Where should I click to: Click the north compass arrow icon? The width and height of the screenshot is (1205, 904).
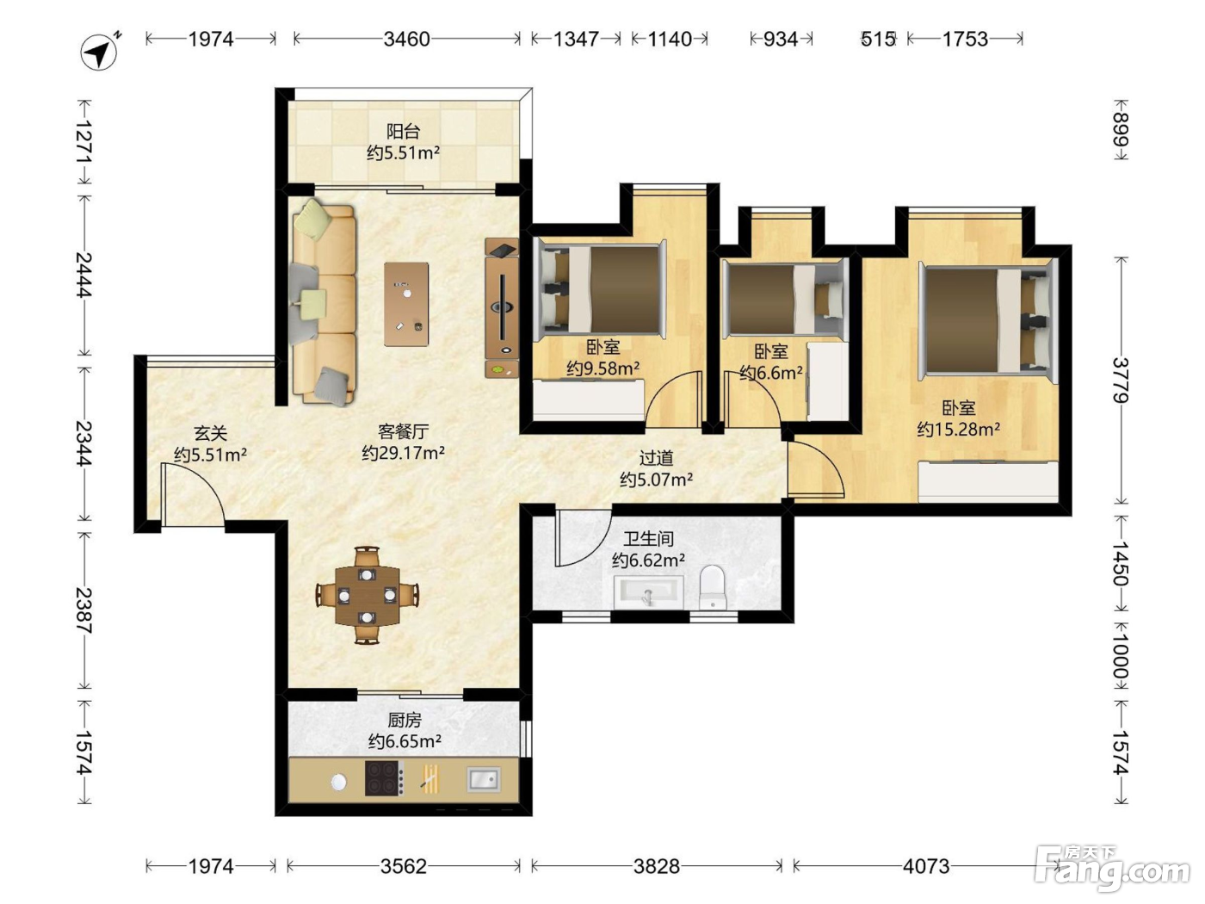click(99, 53)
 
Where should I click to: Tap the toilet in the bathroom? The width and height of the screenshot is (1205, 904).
click(714, 587)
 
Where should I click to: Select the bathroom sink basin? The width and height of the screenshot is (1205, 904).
click(648, 591)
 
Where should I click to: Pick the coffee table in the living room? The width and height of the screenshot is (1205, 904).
click(406, 304)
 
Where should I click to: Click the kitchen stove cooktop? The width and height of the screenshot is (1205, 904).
click(385, 777)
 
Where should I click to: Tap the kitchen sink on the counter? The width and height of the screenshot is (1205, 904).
click(484, 779)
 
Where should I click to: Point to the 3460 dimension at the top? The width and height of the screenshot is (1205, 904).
click(406, 39)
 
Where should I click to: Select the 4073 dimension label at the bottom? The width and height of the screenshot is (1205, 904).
click(926, 866)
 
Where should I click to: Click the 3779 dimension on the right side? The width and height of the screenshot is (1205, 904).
click(1121, 380)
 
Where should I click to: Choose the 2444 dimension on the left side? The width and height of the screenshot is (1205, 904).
click(84, 275)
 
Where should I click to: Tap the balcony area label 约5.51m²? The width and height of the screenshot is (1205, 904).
click(404, 152)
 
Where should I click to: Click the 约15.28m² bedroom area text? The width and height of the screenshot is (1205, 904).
click(959, 429)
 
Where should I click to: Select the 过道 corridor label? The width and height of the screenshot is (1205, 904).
click(656, 458)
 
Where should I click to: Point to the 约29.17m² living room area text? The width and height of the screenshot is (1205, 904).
click(404, 453)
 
